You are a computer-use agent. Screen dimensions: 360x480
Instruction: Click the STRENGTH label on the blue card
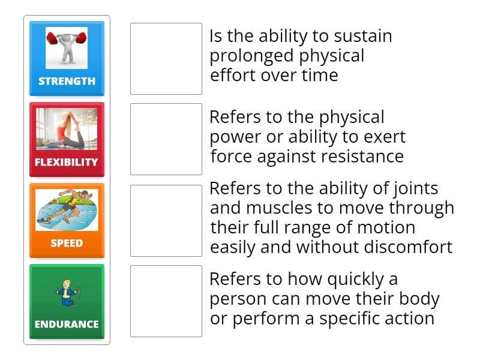point(67,81)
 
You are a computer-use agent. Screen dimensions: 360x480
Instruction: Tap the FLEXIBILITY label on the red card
point(67,162)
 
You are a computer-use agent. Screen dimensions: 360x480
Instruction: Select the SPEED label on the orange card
point(67,243)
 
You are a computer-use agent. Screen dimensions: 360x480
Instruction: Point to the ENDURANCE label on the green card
point(67,324)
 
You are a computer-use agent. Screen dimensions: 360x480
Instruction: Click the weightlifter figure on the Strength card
point(67,48)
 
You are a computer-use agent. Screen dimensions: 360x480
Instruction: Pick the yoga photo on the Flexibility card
point(67,129)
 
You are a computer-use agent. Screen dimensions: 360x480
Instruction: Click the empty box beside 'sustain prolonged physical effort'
point(166,59)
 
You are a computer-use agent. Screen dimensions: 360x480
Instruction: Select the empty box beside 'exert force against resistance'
point(166,139)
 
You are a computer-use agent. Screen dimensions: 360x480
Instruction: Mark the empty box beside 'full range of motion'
point(166,221)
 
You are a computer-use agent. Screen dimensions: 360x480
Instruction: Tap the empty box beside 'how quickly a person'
point(166,301)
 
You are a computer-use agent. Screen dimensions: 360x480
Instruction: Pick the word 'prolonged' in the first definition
point(252,56)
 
